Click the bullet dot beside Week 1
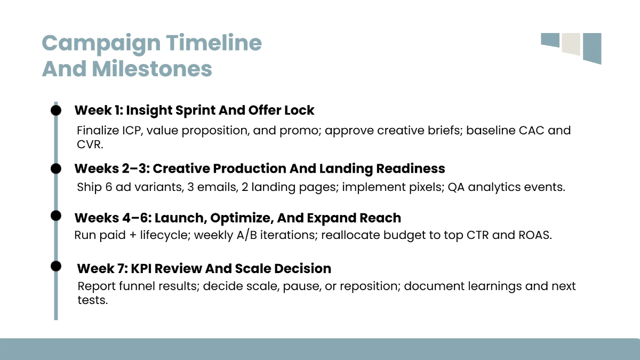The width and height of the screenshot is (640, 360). pyautogui.click(x=56, y=110)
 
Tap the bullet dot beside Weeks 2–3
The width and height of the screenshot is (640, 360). pyautogui.click(x=56, y=169)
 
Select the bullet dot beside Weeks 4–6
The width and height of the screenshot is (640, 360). pyautogui.click(x=56, y=215)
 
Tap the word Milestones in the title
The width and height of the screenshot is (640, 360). pyautogui.click(x=151, y=69)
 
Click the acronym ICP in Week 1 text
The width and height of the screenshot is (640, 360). pyautogui.click(x=127, y=131)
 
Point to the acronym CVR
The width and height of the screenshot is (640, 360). pyautogui.click(x=89, y=144)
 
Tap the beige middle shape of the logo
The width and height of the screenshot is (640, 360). pyautogui.click(x=571, y=44)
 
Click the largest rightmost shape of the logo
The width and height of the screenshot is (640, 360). pyautogui.click(x=592, y=47)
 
